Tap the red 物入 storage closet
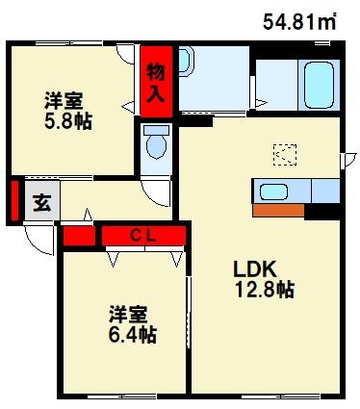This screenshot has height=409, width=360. pos(155,78)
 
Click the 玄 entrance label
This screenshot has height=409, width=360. pos(43,202)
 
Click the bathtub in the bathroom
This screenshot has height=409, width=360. pos(318,83)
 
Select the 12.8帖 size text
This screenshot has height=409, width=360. pos(263,289)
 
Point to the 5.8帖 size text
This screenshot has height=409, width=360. pos(67,120)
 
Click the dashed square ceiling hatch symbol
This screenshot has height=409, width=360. pos(285,153)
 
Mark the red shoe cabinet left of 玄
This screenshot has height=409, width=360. pos(14,200)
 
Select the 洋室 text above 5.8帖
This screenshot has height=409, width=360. pos(67,99)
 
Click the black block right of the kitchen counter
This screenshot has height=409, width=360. pos(323,210)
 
